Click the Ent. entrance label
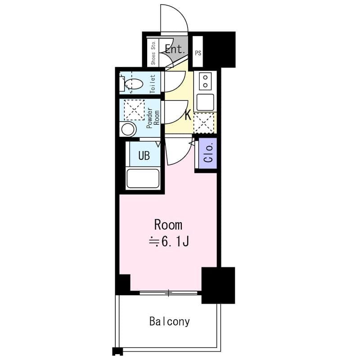pyautogui.click(x=175, y=49)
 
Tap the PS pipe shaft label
pyautogui.click(x=198, y=53)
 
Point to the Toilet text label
pyautogui.click(x=153, y=83)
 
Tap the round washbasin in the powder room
pyautogui.click(x=128, y=130)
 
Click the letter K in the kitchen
pyautogui.click(x=188, y=115)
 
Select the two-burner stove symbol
pyautogui.click(x=206, y=81)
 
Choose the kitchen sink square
pyautogui.click(x=205, y=102)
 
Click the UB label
pyautogui.click(x=144, y=156)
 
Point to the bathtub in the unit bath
pyautogui.click(x=143, y=178)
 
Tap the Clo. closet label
pyautogui.click(x=208, y=153)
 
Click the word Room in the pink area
pyautogui.click(x=168, y=225)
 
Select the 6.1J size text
pyautogui.click(x=169, y=242)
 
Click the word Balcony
pyautogui.click(x=170, y=322)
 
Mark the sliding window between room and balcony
pyautogui.click(x=168, y=293)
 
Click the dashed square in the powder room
pyautogui.click(x=134, y=110)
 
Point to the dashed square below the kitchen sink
pyautogui.click(x=204, y=123)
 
